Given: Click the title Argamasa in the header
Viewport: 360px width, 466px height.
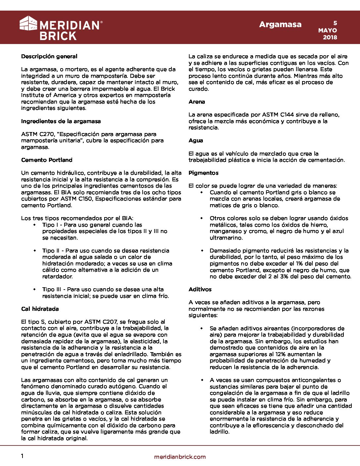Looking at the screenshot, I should tap(280, 24).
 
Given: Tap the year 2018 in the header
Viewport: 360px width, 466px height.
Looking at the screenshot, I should tap(330, 37).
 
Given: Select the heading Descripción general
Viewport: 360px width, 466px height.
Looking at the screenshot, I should tap(49, 57).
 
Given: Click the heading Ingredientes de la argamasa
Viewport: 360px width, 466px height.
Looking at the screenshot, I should tap(61, 121).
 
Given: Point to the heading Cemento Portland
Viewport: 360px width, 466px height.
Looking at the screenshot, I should tap(47, 160).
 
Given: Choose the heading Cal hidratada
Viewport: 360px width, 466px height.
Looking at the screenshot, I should tap(40, 309).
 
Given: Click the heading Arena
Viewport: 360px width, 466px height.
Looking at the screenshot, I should tap(197, 102).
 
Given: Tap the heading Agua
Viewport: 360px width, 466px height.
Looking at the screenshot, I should tap(196, 141).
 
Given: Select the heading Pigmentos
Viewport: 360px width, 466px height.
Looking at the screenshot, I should tap(203, 173).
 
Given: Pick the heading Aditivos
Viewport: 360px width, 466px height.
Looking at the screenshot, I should tap(200, 290).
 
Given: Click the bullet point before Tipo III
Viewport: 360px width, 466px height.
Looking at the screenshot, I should tap(35, 290).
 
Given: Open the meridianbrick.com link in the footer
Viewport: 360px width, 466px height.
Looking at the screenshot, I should tap(180, 457).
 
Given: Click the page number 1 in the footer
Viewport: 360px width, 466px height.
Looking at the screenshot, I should tap(22, 456).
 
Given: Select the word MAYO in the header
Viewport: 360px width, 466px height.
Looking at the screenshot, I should tap(328, 30).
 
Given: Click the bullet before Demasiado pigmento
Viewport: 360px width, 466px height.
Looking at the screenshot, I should tap(202, 251).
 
